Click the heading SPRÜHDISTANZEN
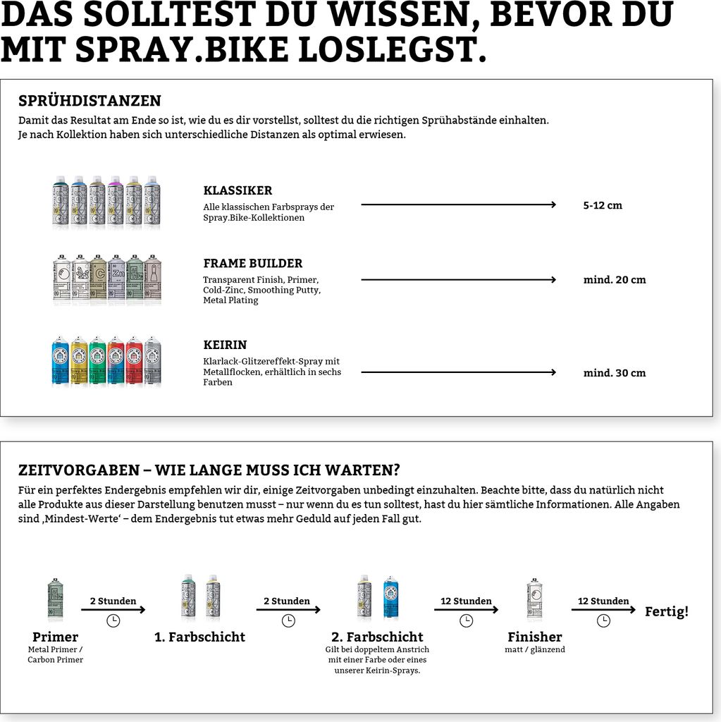(90, 101)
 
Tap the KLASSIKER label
(238, 190)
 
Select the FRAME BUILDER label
(252, 264)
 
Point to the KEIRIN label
(225, 345)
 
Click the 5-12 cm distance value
(603, 206)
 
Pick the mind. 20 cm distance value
(614, 280)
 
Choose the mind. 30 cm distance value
(614, 373)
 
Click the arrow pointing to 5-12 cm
(458, 205)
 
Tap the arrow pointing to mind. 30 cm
(458, 372)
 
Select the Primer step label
(55, 637)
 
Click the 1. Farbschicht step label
(199, 637)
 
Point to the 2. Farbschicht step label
(377, 637)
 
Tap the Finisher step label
(534, 637)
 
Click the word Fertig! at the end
(666, 612)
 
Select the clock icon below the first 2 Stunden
(113, 620)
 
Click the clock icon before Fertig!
(603, 620)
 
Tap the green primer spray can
(55, 599)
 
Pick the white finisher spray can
(534, 599)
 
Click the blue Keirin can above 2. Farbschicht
(390, 598)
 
